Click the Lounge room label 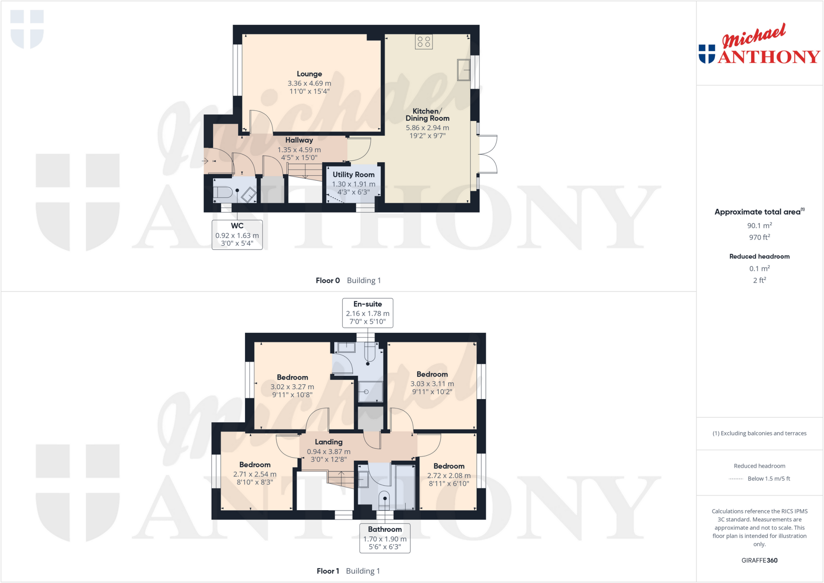click(x=309, y=74)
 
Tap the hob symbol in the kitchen click(x=424, y=42)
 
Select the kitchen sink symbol click(x=463, y=70)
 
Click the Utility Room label click(x=353, y=175)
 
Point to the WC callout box click(x=237, y=235)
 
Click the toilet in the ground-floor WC click(x=223, y=192)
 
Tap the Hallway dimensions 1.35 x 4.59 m click(x=299, y=150)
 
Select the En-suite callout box click(x=367, y=313)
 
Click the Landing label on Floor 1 click(x=328, y=442)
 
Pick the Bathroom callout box click(x=385, y=538)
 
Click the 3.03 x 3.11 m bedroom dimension click(x=432, y=384)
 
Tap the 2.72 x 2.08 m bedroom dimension click(x=449, y=476)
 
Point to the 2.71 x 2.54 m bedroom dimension click(x=255, y=474)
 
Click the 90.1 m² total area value click(x=759, y=226)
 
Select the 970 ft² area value click(x=759, y=237)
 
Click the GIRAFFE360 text click(x=759, y=560)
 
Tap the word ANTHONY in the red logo click(x=768, y=57)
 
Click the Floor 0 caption click(x=328, y=280)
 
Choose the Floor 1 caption click(x=328, y=571)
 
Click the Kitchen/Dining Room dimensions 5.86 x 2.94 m click(x=427, y=128)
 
